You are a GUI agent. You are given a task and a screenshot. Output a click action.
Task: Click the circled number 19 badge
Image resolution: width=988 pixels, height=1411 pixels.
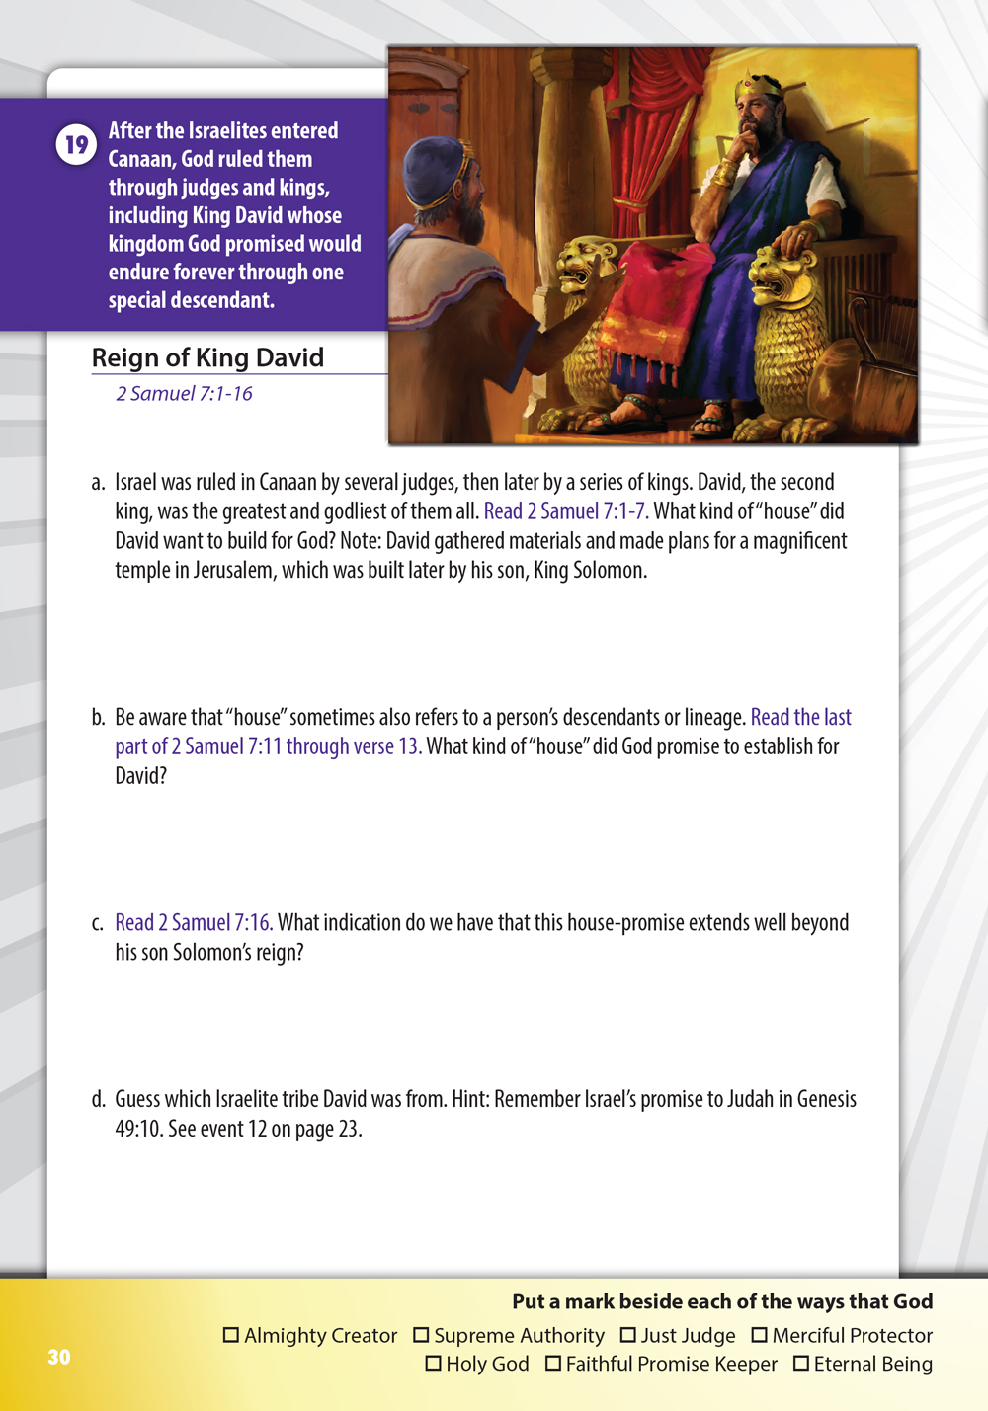click(76, 145)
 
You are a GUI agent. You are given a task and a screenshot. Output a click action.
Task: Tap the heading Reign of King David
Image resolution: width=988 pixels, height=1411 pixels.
click(207, 357)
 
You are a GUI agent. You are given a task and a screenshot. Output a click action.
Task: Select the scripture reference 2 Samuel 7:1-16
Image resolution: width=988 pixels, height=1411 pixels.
click(184, 394)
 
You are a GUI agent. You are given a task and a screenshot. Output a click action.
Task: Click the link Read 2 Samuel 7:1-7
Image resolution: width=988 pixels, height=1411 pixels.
click(566, 511)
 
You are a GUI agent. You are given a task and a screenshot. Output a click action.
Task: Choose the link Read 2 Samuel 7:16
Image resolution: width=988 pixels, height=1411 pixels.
click(194, 923)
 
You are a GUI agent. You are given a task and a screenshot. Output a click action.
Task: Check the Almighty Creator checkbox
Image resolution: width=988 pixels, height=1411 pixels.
click(231, 1335)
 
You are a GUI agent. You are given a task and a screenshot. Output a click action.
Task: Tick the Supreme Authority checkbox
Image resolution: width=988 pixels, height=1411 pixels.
click(421, 1335)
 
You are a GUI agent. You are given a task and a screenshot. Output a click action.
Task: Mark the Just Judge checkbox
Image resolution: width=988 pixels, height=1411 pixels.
click(627, 1335)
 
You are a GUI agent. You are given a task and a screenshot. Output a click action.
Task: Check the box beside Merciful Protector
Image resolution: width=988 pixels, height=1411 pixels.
click(759, 1335)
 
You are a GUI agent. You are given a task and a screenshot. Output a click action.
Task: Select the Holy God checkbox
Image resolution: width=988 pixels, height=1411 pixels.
click(433, 1364)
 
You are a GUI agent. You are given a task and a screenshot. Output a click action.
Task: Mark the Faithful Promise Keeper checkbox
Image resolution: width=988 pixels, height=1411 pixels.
click(553, 1364)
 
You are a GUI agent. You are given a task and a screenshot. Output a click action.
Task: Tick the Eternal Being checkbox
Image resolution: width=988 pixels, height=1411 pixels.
click(801, 1364)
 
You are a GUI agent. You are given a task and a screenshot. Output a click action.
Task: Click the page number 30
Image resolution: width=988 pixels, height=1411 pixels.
click(59, 1357)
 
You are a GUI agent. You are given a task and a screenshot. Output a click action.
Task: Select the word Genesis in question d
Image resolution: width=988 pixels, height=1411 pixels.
click(826, 1100)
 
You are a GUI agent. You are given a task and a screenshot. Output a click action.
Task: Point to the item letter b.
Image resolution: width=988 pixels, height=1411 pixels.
click(98, 718)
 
